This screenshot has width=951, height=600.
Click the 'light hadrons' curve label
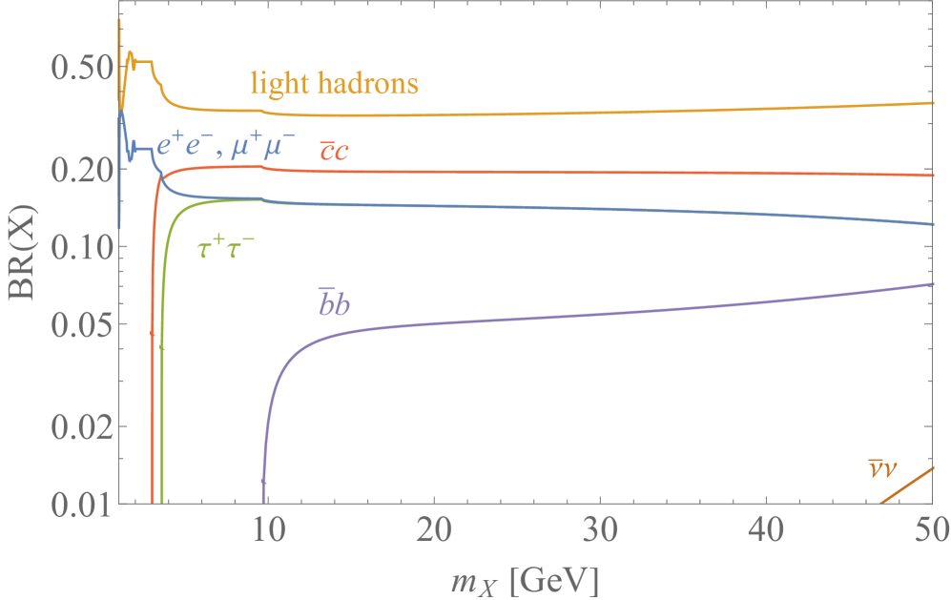pyautogui.click(x=334, y=84)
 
